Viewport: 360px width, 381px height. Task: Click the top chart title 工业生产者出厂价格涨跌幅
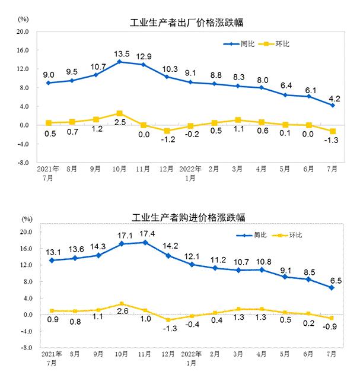click(x=187, y=23)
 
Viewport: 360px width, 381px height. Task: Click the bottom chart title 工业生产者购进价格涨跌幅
click(x=187, y=217)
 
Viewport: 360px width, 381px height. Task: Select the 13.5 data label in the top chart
click(x=120, y=52)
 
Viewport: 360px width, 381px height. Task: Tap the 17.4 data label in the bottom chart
click(x=145, y=233)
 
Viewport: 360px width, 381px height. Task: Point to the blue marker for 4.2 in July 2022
click(x=333, y=105)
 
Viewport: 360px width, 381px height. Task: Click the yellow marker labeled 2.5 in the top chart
click(x=120, y=113)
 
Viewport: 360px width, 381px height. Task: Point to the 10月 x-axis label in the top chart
click(x=120, y=169)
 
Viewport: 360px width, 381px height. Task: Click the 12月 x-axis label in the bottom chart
click(x=168, y=355)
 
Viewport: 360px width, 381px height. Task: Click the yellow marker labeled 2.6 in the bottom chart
click(x=121, y=304)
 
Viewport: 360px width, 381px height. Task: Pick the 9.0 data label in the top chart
click(x=49, y=74)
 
